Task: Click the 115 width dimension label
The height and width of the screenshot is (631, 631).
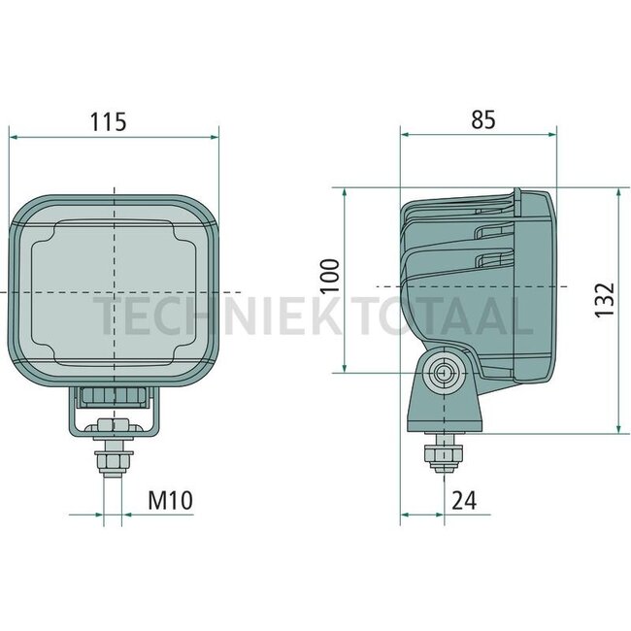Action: (108, 122)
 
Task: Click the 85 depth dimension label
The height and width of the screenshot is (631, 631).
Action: (483, 119)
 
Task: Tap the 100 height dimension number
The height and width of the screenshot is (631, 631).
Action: (331, 276)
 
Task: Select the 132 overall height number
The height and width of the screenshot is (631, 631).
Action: (605, 300)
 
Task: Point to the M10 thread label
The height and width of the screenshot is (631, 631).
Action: (170, 500)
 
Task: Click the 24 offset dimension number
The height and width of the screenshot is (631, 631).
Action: (464, 501)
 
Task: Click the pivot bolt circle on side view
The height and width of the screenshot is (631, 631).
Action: (445, 372)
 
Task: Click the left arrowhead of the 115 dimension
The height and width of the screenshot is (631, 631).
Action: (14, 137)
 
